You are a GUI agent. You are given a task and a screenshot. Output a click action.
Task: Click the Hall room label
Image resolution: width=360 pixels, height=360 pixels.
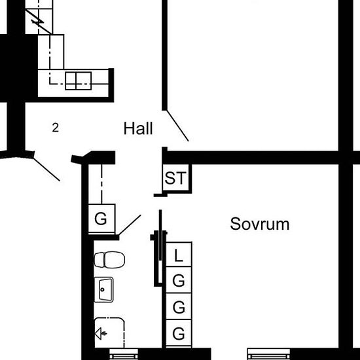tap(138, 128)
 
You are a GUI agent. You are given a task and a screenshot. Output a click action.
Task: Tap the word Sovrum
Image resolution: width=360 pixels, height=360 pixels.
tap(260, 224)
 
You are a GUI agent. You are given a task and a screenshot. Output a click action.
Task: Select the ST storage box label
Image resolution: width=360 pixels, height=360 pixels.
tap(175, 178)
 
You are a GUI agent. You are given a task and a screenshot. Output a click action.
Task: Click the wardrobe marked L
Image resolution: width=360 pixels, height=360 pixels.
tap(179, 255)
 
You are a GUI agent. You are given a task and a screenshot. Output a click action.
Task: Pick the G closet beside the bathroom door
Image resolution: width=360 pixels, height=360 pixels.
tap(101, 218)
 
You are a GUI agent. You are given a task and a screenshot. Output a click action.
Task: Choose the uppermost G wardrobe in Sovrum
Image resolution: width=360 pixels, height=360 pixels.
tap(179, 280)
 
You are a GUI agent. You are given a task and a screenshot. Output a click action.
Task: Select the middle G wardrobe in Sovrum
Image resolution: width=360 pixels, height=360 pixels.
tap(179, 306)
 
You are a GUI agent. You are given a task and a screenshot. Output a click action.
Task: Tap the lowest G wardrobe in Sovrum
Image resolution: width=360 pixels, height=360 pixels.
tap(179, 333)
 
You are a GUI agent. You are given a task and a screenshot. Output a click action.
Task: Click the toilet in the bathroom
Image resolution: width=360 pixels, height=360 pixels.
tap(109, 260)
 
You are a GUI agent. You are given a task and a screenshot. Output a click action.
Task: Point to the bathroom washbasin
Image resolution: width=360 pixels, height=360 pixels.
tap(104, 290)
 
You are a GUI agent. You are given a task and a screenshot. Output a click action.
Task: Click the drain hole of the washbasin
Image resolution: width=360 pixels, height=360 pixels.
tap(102, 289)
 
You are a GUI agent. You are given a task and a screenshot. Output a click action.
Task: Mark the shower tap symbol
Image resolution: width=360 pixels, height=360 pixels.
tap(101, 334)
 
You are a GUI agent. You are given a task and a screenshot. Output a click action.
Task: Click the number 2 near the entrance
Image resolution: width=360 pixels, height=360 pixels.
tap(56, 128)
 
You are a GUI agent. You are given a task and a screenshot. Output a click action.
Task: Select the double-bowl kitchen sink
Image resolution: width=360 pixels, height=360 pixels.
tap(79, 81)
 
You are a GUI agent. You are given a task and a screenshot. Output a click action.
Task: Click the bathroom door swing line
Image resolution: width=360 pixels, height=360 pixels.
tap(130, 225)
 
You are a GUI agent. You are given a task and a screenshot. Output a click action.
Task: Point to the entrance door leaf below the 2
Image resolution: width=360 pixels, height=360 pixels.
tap(47, 170)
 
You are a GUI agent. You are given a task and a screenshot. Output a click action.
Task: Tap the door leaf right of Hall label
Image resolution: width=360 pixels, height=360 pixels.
tap(177, 126)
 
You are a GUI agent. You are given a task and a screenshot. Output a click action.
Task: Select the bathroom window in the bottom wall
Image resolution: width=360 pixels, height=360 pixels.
tap(124, 354)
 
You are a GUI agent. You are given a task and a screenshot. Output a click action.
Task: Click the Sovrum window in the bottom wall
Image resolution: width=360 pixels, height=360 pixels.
tap(268, 354)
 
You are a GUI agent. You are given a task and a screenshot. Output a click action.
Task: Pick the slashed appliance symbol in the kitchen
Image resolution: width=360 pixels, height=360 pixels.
tap(39, 22)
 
